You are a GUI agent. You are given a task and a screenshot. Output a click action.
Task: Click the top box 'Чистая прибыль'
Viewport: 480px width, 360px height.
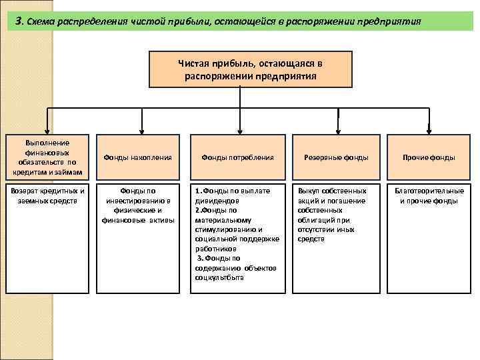[x=250, y=69]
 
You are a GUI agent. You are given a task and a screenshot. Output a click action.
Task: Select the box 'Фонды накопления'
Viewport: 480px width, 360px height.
[x=139, y=157]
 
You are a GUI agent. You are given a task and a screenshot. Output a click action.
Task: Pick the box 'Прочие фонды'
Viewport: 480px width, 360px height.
[x=428, y=157]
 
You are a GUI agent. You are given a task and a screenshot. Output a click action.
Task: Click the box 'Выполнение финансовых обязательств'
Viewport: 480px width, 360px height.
[x=47, y=157]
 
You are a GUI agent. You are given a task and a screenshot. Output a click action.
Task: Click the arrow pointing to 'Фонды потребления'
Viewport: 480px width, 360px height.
[x=239, y=123]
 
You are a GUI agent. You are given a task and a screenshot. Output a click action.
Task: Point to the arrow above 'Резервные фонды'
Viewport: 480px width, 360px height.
[x=338, y=123]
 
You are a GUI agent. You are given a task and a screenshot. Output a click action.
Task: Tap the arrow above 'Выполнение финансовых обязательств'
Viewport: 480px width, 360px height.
[x=47, y=123]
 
